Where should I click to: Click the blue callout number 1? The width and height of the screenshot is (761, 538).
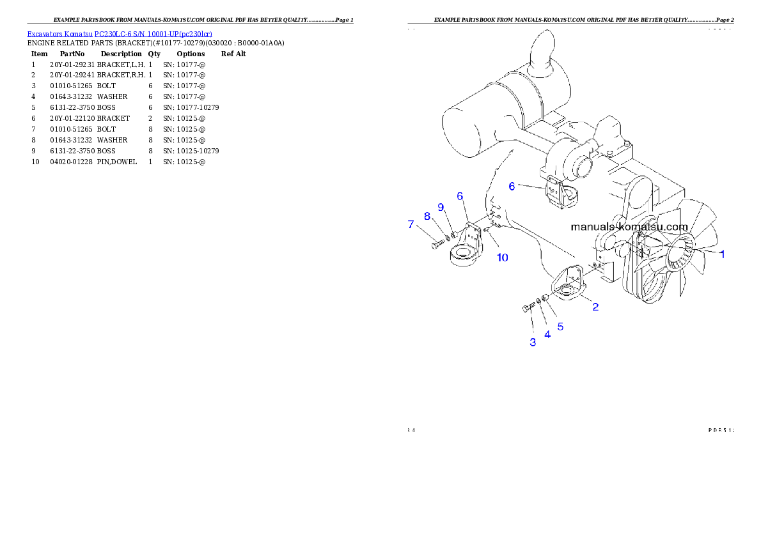tap(722, 254)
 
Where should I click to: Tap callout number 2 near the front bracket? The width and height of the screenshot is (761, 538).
tap(595, 307)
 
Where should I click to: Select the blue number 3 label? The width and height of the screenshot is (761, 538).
tap(533, 342)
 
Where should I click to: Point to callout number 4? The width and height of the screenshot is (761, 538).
tap(547, 334)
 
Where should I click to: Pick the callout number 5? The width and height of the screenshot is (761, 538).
tap(560, 326)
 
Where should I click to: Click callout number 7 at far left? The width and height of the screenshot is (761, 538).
tap(411, 224)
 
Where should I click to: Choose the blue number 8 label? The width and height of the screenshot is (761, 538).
tap(427, 216)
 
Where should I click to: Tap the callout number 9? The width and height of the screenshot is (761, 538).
tap(441, 207)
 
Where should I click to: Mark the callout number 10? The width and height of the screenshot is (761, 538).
tap(503, 257)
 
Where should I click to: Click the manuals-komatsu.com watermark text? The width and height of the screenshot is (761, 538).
tap(629, 227)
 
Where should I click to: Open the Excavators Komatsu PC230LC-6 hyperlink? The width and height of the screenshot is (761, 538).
tap(120, 33)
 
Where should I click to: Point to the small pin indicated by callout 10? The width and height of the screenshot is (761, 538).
tap(487, 229)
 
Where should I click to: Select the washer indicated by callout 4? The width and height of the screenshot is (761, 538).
tap(538, 300)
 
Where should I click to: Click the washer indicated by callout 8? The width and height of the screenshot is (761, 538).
tap(448, 237)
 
